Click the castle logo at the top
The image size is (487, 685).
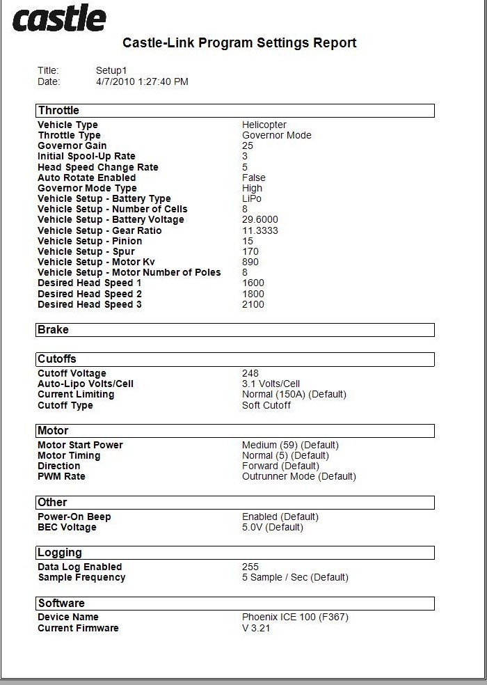coord(58,19)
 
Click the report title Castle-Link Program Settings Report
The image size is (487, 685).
coord(239,43)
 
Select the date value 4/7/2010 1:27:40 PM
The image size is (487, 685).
coord(142,81)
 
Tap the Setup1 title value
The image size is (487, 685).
coord(111,70)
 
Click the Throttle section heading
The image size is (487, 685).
coord(59,111)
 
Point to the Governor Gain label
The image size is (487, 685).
coord(72,146)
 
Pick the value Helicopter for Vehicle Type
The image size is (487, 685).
coord(264,125)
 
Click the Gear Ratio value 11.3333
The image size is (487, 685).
coord(260,230)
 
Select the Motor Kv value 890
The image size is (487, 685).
coord(250,262)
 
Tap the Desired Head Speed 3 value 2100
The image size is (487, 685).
coord(253,304)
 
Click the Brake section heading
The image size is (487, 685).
coord(54,330)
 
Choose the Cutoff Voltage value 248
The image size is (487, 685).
coord(250,374)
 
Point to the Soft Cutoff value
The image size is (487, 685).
coord(266,405)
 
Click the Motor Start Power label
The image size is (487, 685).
coord(80,446)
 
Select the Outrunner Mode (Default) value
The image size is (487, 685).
coord(299,477)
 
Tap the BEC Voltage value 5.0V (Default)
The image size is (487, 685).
coord(273,528)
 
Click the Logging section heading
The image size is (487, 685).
coord(60,553)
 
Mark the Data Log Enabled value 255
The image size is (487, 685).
coord(250,567)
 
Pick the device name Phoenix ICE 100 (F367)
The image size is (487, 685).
coord(295,617)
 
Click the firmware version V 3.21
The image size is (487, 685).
coord(256,629)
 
